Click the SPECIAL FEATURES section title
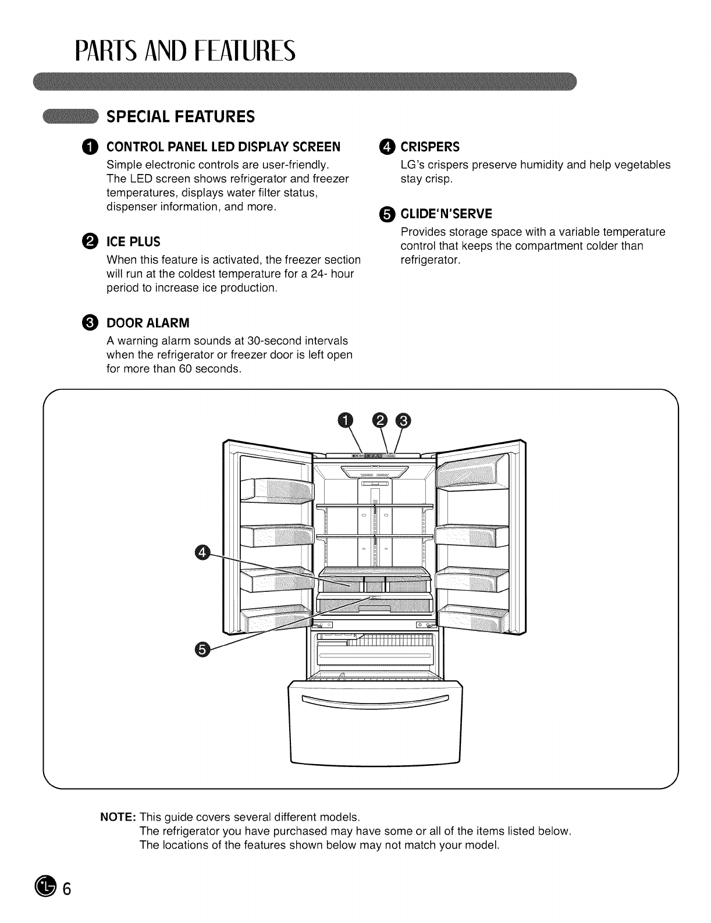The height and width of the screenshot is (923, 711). (180, 116)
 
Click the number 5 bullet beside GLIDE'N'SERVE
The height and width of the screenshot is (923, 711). (386, 214)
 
